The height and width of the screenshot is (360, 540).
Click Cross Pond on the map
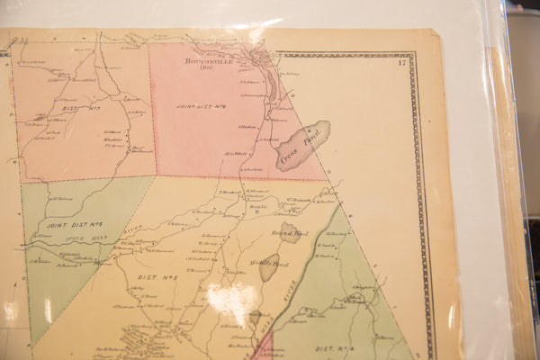(302, 145)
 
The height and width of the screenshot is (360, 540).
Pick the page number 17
(401, 62)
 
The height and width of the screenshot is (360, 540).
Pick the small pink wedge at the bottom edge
(263, 349)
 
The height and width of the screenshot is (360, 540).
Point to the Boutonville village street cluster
(260, 59)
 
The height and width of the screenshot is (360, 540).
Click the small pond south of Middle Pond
(255, 317)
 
